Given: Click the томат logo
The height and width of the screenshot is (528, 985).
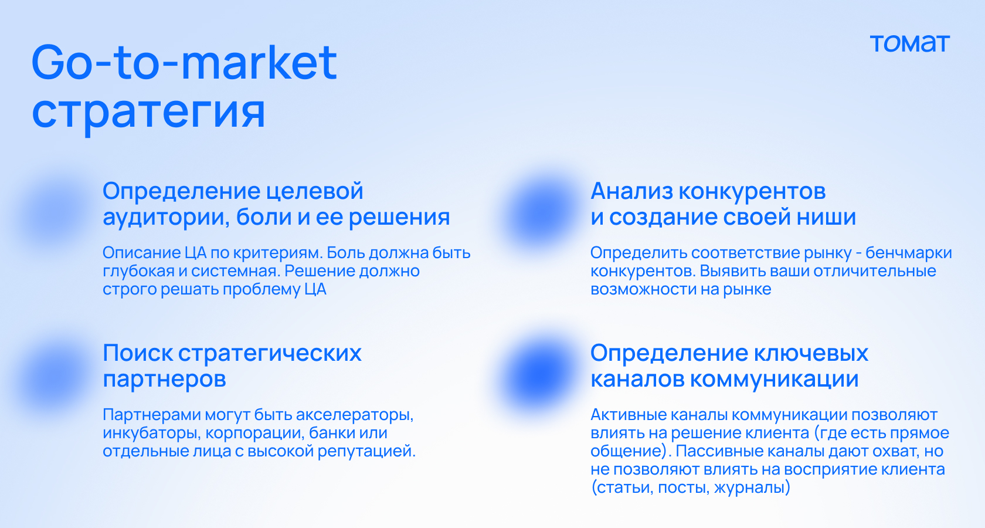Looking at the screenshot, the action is click(x=910, y=44).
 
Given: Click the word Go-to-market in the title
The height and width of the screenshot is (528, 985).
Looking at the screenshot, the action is click(x=184, y=62).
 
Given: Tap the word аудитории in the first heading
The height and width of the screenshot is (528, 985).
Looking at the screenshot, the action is click(x=167, y=218).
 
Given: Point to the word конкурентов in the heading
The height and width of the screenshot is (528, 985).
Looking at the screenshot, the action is click(x=752, y=191).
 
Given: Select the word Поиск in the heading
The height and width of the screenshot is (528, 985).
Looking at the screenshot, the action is click(x=137, y=353).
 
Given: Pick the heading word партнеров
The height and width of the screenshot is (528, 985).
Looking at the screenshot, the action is click(x=164, y=380).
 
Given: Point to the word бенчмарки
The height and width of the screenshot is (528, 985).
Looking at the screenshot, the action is click(x=909, y=253).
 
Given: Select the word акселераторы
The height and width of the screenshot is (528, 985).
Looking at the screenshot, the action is click(x=354, y=415).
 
